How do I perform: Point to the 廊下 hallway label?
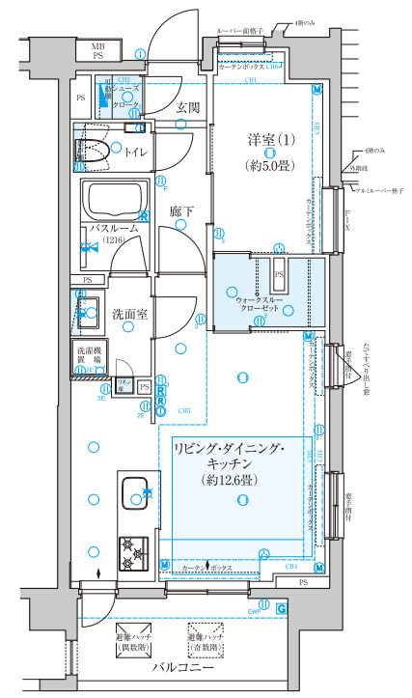180,211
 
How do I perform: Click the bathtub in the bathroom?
114,200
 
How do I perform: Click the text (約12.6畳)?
241,479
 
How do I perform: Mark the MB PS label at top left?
98,51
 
